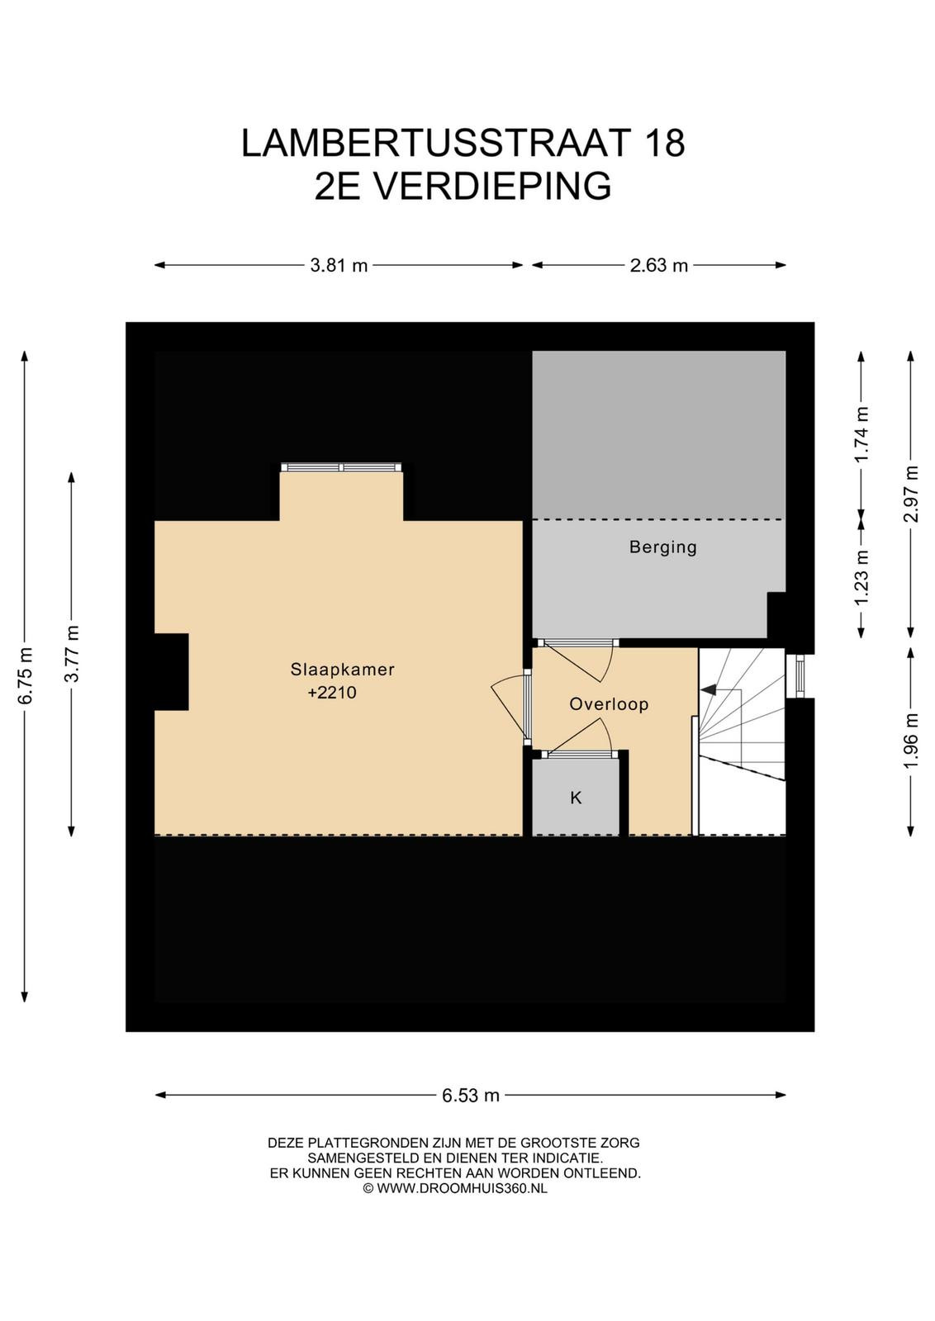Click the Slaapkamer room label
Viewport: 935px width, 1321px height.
pos(342,670)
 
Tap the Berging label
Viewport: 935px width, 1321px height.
pos(663,547)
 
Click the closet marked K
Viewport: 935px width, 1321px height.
pos(576,798)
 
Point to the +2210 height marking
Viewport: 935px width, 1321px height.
pos(332,693)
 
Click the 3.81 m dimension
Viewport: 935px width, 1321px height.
pos(339,265)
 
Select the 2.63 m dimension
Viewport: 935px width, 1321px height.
pos(659,265)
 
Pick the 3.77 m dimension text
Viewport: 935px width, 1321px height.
pos(72,654)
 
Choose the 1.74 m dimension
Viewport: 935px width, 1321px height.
pos(861,435)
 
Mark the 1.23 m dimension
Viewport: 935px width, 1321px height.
pos(861,577)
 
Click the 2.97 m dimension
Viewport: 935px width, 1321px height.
pos(911,495)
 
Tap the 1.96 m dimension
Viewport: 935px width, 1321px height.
pos(911,741)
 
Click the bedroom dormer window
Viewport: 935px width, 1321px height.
pos(341,467)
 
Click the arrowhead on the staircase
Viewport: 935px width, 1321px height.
pos(707,689)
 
